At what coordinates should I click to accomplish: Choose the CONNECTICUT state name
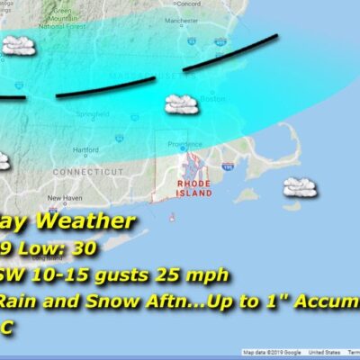[87, 171]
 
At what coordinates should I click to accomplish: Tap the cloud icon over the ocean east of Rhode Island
[298, 187]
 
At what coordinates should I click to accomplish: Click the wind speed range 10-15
[52, 271]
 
